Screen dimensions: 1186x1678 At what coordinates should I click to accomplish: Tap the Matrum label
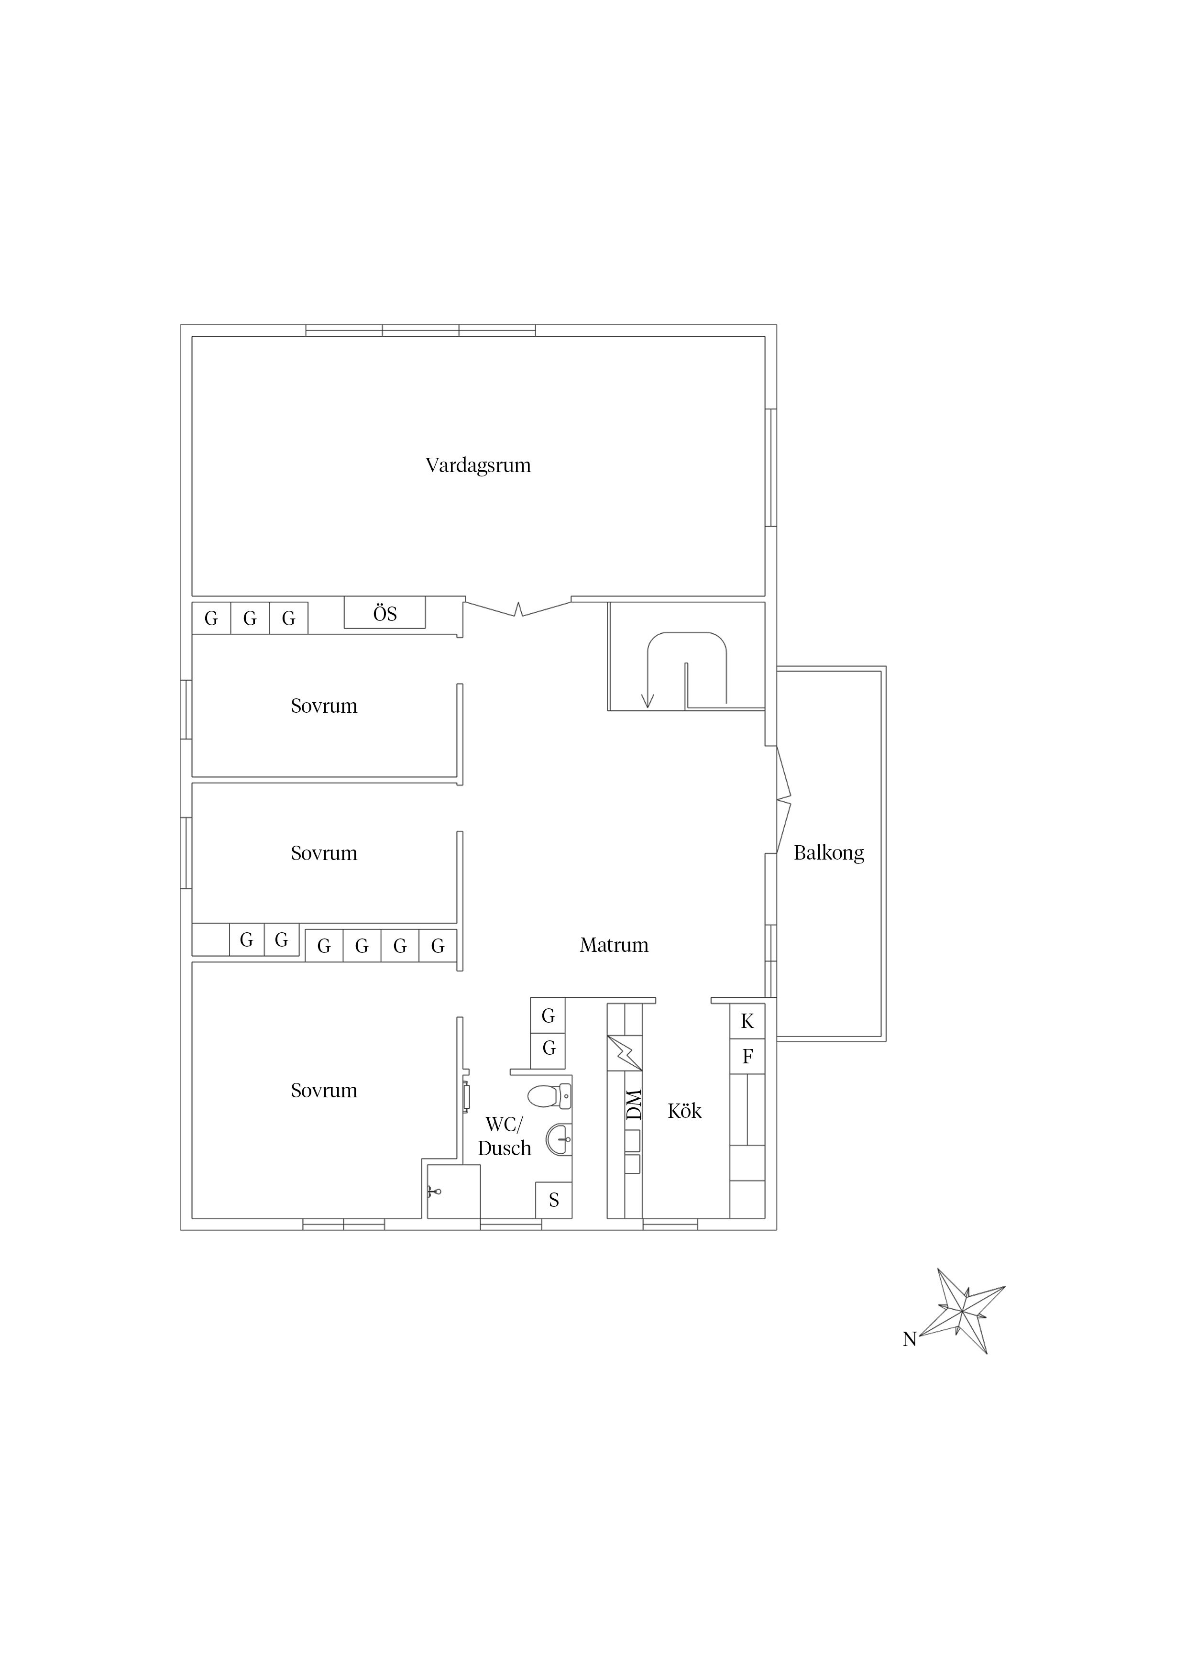coord(614,945)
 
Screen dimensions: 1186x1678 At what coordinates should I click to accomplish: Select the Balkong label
coord(829,853)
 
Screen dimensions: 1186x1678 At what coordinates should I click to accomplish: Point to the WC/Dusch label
coord(504,1137)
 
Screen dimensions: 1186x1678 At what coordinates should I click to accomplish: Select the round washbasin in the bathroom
coord(559,1139)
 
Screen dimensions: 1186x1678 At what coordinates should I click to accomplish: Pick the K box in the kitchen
coord(747,1021)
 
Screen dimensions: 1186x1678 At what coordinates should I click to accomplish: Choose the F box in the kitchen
coord(747,1056)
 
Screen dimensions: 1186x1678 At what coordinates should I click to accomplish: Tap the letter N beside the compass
coord(909,1339)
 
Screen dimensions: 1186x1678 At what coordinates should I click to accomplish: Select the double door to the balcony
coord(783,799)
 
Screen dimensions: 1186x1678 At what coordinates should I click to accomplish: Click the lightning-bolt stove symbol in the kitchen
coord(625,1053)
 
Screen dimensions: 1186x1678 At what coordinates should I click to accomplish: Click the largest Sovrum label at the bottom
coord(324,1091)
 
